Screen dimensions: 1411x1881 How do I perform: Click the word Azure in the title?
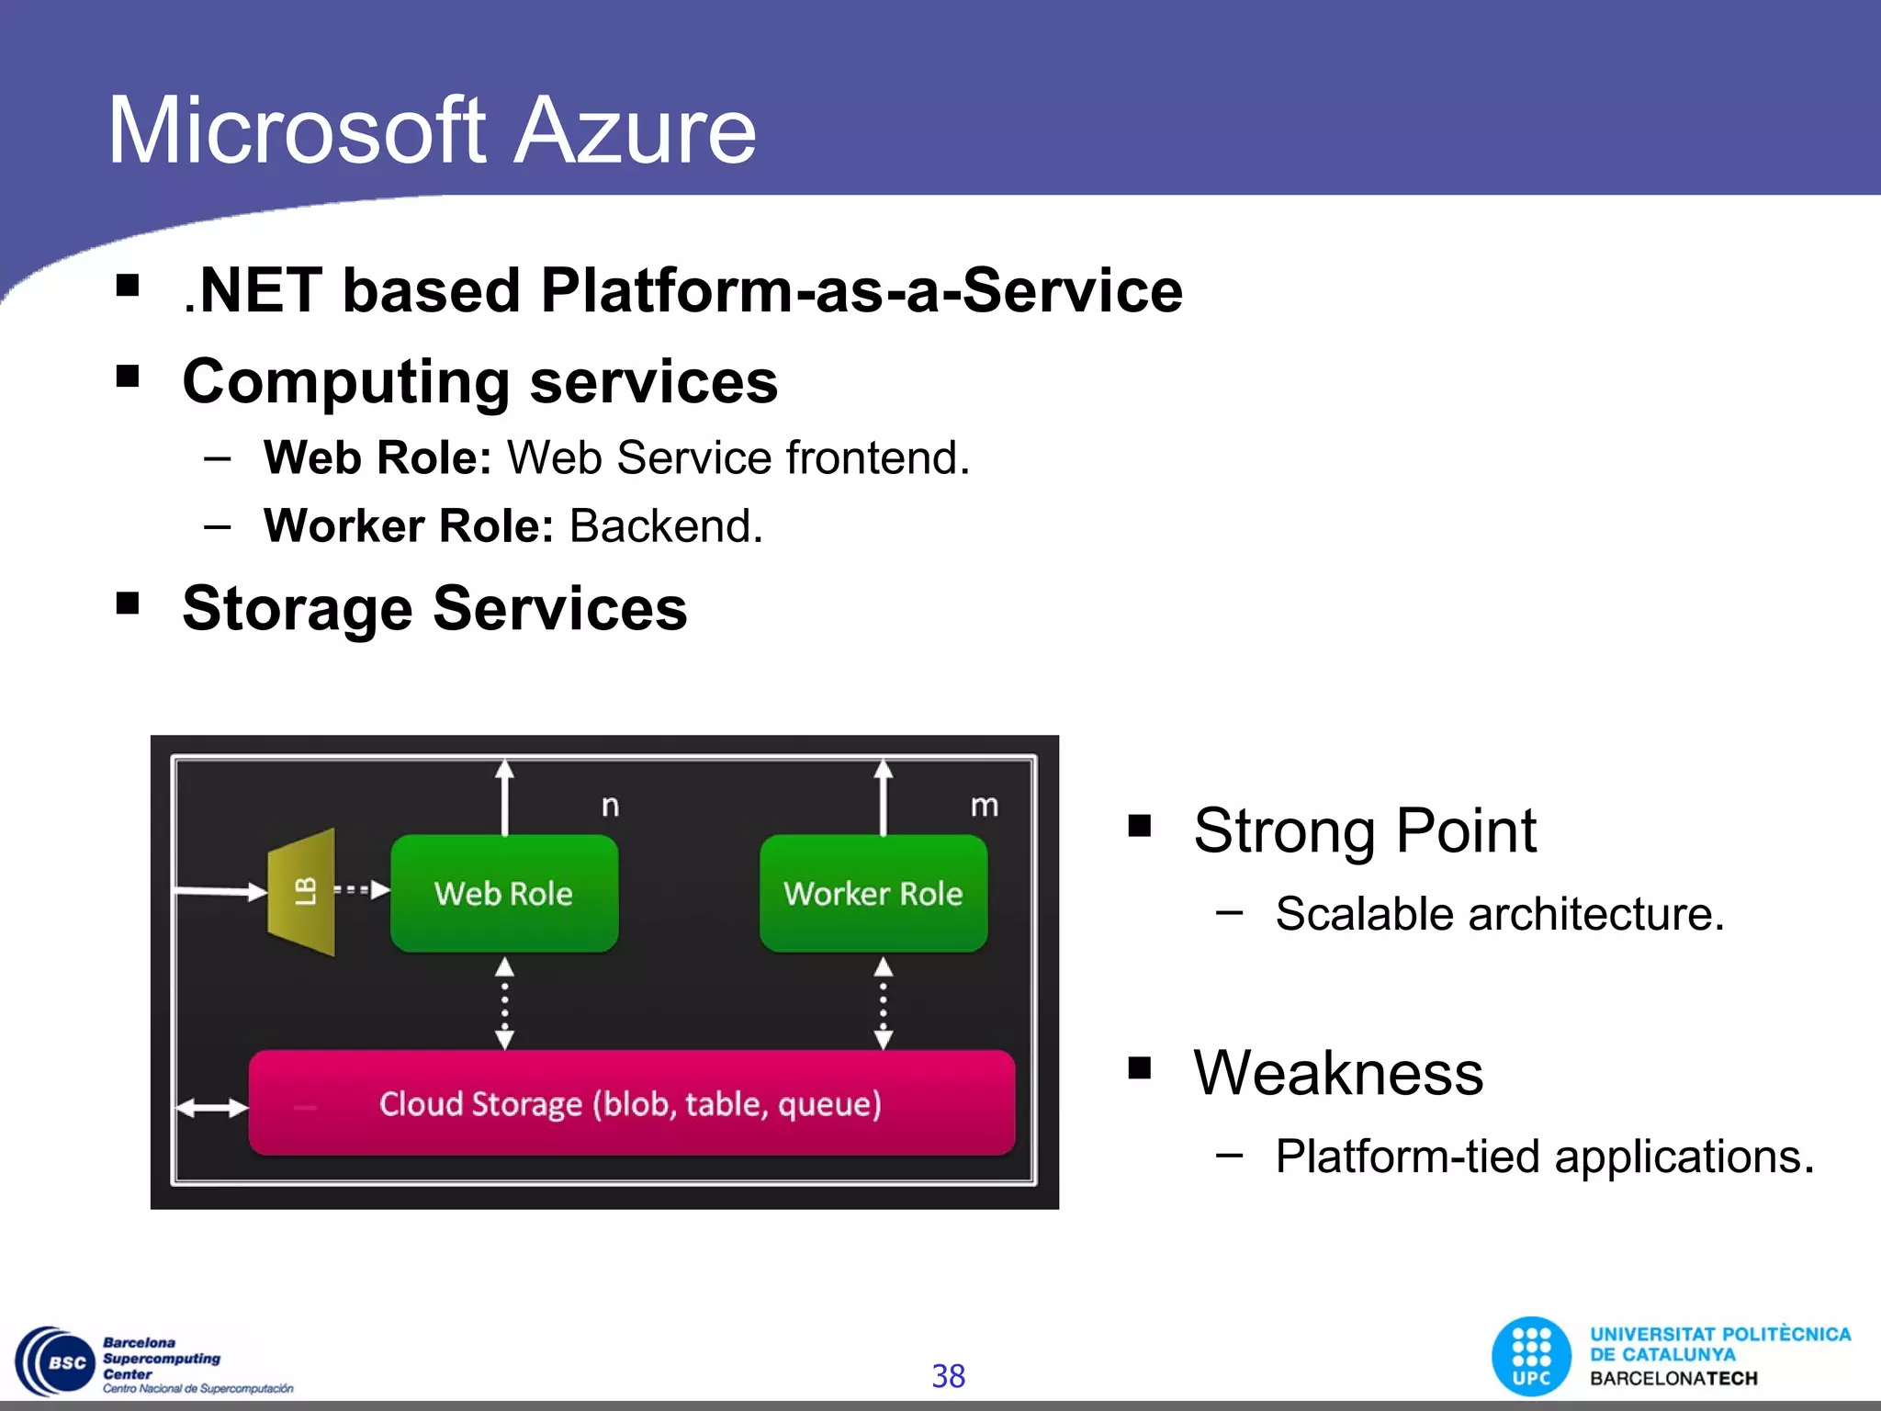634,130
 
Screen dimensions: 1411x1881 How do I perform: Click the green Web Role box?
504,893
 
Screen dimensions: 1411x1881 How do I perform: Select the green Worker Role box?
873,893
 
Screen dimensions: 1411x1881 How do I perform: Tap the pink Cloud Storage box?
631,1102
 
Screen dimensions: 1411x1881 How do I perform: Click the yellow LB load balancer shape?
302,892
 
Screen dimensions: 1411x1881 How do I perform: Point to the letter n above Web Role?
610,807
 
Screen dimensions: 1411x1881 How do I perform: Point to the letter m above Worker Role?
984,806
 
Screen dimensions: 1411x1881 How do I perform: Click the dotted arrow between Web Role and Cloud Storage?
504,1002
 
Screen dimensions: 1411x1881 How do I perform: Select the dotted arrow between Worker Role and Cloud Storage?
883,1002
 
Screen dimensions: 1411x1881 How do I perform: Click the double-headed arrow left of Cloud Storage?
212,1109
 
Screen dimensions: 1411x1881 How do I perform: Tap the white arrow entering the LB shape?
220,890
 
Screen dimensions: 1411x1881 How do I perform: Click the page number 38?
948,1375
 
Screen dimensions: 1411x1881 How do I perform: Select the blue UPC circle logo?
1531,1356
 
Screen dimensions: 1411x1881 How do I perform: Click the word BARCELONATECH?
1673,1378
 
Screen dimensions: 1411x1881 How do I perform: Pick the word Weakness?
1338,1072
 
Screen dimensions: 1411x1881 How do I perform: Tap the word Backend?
666,526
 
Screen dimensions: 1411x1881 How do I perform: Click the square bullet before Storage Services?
128,604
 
